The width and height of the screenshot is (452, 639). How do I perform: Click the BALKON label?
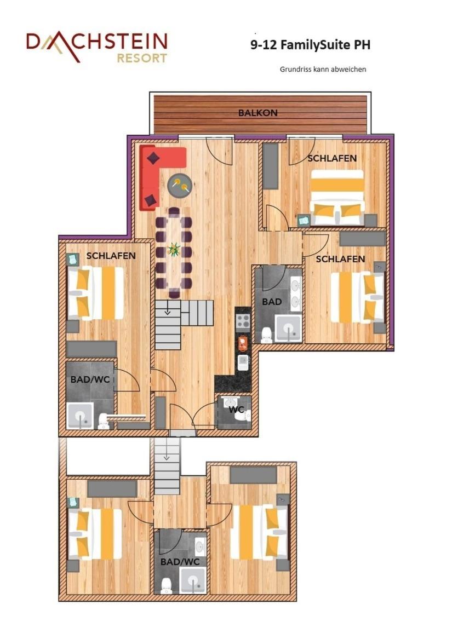258,113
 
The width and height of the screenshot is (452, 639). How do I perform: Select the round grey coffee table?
180,186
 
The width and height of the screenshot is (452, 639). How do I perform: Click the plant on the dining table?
174,249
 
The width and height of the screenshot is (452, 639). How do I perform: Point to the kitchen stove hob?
243,321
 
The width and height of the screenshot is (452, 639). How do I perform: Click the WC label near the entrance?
236,410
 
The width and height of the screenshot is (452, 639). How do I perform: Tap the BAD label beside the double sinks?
272,302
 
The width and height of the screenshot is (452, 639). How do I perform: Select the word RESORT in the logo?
142,58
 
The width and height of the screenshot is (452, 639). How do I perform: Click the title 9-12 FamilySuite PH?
311,44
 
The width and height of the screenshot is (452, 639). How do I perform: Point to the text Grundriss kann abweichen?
323,70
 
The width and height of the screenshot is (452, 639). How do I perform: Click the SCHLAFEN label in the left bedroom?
111,256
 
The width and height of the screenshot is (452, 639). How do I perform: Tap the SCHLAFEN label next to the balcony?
332,158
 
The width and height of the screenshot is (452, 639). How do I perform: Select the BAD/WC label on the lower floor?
180,562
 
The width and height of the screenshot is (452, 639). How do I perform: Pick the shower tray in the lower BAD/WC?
192,580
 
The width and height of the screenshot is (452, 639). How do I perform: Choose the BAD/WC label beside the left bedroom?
90,379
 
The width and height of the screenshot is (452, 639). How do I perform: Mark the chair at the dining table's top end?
174,212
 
